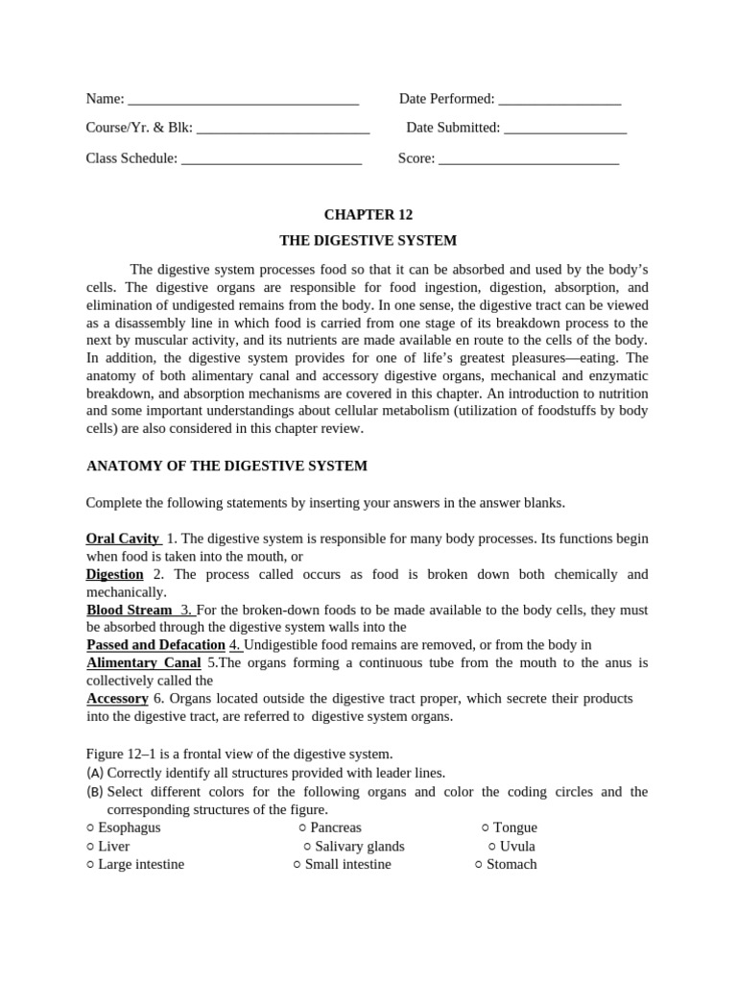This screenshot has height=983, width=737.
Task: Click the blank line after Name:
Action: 243,100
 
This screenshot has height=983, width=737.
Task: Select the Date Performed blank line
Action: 559,100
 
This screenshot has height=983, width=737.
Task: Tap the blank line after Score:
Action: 528,159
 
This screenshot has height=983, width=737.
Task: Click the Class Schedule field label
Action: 131,158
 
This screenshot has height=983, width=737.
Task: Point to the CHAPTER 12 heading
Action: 368,215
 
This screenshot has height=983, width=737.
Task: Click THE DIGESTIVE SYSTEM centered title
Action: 368,241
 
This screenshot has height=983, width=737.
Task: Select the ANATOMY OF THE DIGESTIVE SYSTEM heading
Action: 226,467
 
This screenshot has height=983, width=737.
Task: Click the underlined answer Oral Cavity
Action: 123,539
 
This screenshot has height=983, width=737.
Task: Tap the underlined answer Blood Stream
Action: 130,610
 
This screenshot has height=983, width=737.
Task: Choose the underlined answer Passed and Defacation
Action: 155,645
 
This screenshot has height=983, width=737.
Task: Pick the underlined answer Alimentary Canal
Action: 143,662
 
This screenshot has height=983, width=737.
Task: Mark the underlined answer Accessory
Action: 117,699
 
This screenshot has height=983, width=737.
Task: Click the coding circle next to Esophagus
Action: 90,827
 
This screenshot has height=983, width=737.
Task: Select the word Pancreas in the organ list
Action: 336,827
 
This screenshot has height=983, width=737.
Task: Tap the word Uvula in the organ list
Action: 517,846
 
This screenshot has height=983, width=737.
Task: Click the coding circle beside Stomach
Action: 479,864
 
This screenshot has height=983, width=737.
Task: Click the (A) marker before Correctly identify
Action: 95,773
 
